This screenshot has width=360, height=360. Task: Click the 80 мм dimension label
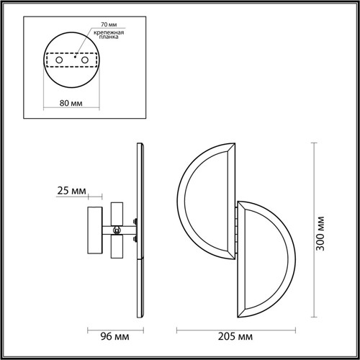point(71,103)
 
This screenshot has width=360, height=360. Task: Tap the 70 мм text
point(109,24)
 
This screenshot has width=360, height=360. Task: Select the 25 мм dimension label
point(71,191)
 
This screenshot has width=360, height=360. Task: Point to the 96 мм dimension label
point(114,336)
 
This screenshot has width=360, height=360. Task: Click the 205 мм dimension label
point(235,336)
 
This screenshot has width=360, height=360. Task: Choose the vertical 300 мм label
point(320,234)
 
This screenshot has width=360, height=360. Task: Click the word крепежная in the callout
point(109,32)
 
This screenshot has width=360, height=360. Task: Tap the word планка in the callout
point(109,37)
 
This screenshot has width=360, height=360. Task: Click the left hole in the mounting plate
point(59,60)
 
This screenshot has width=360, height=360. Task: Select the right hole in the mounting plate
point(85,60)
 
